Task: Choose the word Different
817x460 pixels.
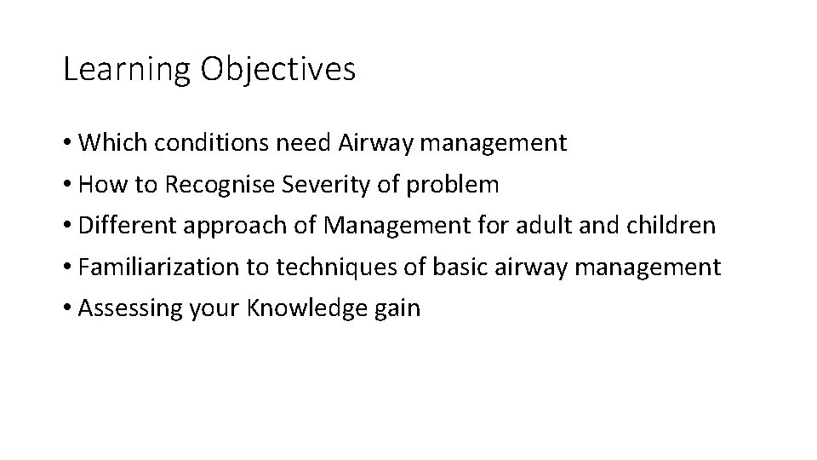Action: (x=123, y=226)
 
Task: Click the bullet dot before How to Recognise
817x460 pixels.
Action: (x=67, y=185)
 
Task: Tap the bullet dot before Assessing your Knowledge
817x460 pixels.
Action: (x=67, y=309)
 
